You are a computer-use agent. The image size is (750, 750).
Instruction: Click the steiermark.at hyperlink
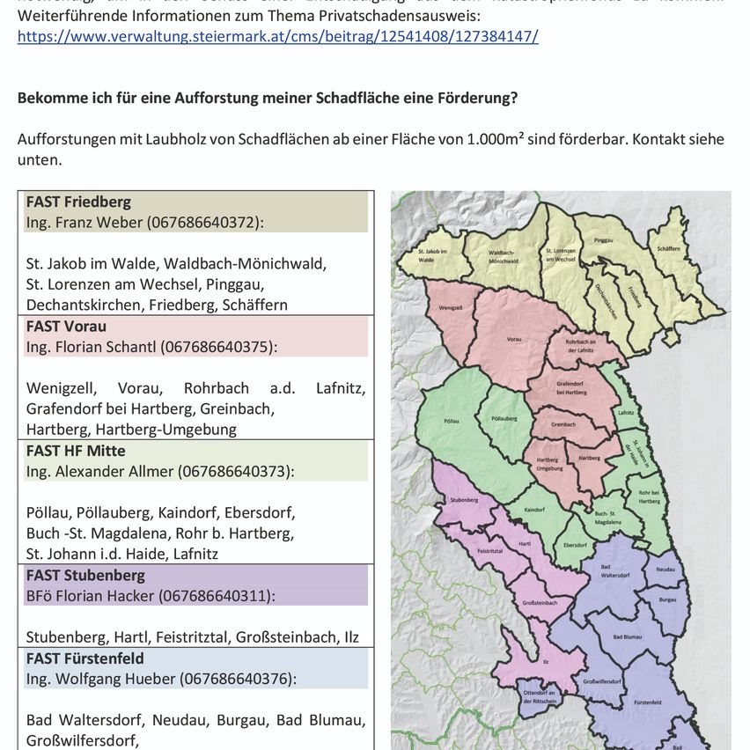click(277, 36)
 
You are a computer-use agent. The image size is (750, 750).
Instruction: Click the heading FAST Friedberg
click(78, 202)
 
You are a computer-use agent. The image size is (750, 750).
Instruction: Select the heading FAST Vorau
click(66, 326)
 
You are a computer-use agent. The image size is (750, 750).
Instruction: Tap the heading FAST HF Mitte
click(76, 451)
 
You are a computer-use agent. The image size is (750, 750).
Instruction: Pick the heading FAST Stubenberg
click(85, 575)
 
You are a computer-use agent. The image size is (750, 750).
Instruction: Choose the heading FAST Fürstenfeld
click(85, 658)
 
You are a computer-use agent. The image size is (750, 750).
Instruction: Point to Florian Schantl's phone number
click(217, 347)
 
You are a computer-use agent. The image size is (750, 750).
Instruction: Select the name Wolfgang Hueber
click(114, 679)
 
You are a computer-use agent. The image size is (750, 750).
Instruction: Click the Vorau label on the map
click(514, 339)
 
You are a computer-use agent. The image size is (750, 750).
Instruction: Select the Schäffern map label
click(668, 249)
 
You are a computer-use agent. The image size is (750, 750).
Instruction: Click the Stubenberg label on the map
click(463, 499)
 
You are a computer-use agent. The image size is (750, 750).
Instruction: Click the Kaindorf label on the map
click(535, 510)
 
